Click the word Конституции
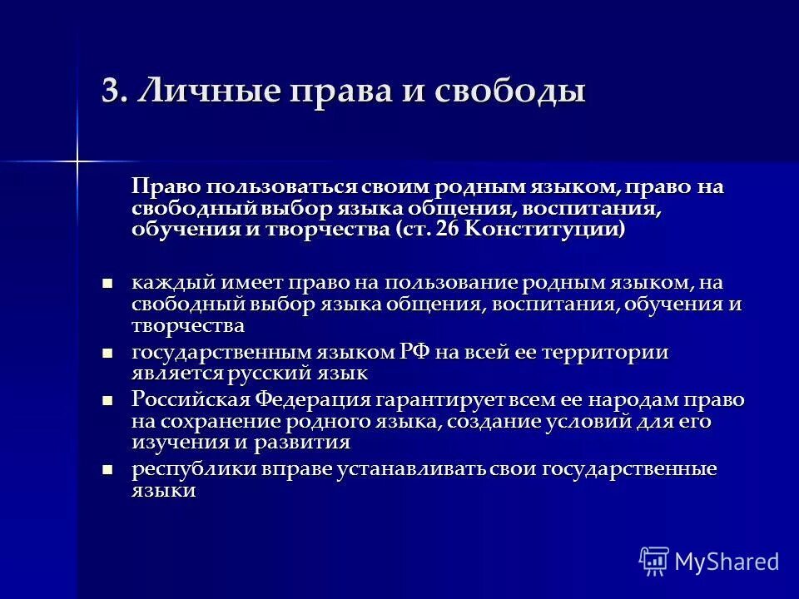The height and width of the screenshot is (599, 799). point(543,229)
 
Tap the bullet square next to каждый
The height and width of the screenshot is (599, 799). point(106,284)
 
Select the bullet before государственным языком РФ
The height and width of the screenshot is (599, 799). point(106,354)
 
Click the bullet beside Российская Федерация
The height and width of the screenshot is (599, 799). point(106,401)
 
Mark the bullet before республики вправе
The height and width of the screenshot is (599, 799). point(106,470)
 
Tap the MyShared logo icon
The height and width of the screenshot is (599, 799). point(654,561)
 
